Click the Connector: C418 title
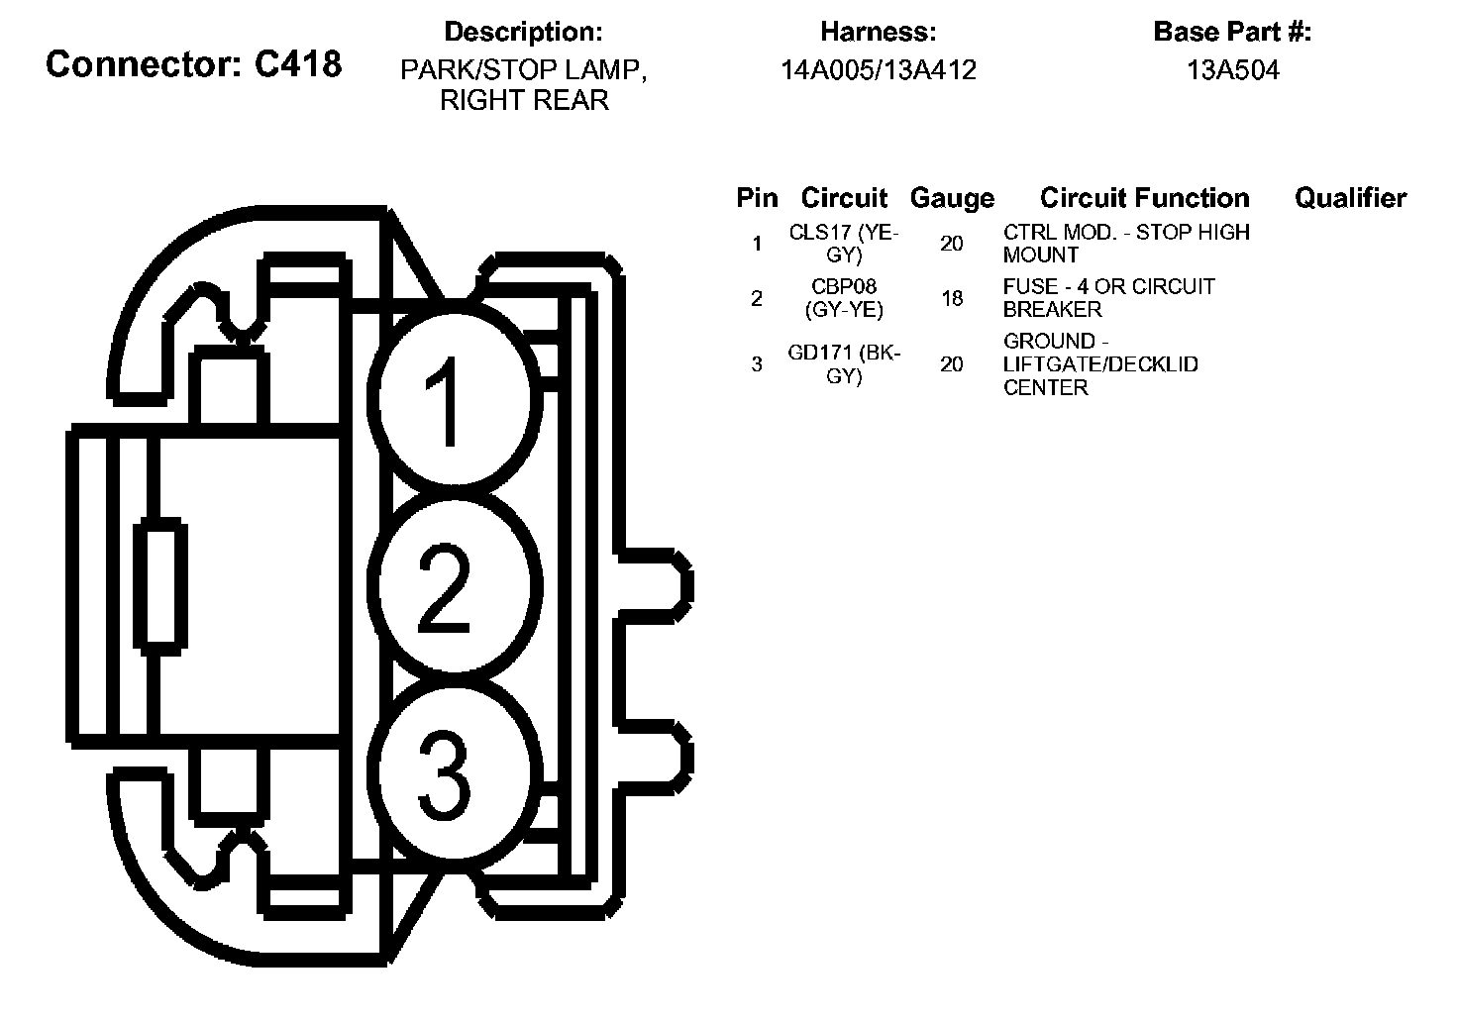point(193,64)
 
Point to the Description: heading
point(523,32)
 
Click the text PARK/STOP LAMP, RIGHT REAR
point(523,85)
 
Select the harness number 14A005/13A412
point(878,70)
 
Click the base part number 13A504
point(1232,70)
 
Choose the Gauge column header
point(951,198)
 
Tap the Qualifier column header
point(1350,198)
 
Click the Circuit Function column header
point(1144,198)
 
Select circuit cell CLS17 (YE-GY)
point(843,244)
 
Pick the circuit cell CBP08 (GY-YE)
point(845,298)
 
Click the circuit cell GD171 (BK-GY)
point(844,364)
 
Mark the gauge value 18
point(952,298)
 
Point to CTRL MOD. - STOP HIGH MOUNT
point(1126,244)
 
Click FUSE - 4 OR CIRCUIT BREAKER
point(1108,298)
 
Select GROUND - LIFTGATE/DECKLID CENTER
point(1099,364)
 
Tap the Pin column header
point(757,198)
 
